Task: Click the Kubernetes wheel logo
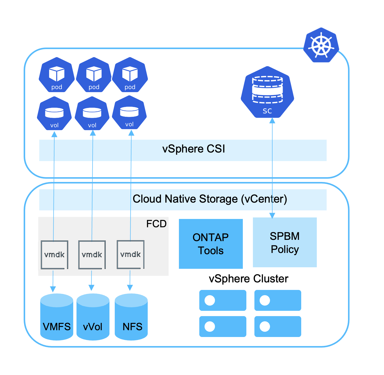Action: click(321, 45)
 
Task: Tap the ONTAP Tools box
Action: click(211, 244)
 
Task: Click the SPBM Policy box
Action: click(285, 242)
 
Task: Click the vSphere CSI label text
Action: click(194, 149)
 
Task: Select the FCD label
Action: click(156, 224)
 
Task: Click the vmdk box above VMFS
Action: click(54, 255)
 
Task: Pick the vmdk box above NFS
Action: click(130, 254)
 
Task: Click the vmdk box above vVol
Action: click(92, 255)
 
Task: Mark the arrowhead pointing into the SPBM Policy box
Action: click(272, 215)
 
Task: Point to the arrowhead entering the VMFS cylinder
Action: click(53, 289)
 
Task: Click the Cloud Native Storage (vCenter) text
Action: click(210, 199)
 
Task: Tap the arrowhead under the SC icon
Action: click(272, 121)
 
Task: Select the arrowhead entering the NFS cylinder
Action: click(130, 288)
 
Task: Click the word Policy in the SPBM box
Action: click(285, 249)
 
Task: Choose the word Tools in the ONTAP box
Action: click(211, 251)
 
